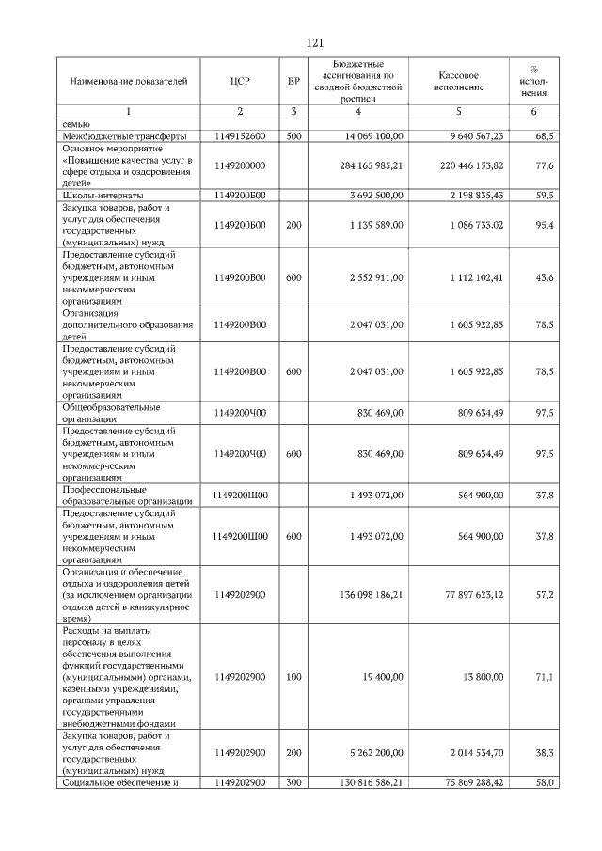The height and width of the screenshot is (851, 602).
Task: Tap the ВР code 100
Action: [x=293, y=676]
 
